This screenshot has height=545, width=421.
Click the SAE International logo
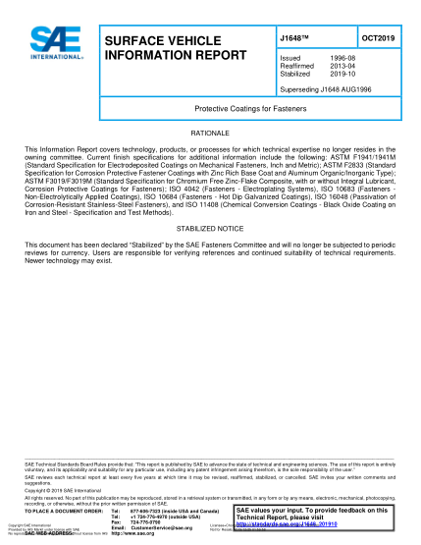[x=48, y=45]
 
